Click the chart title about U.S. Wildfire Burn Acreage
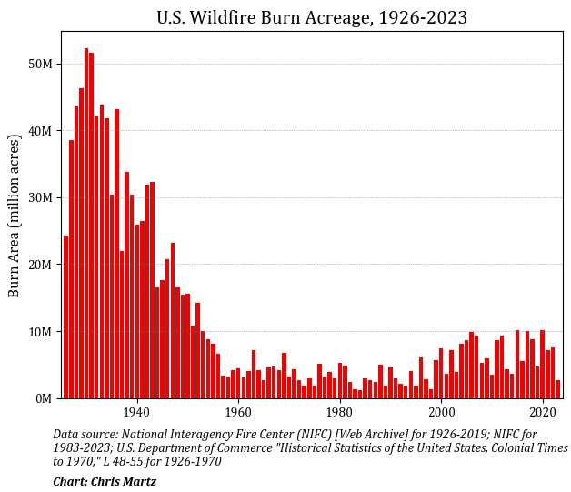(312, 17)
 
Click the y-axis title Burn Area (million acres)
(15, 215)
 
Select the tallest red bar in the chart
(86, 223)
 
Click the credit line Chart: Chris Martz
(105, 482)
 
